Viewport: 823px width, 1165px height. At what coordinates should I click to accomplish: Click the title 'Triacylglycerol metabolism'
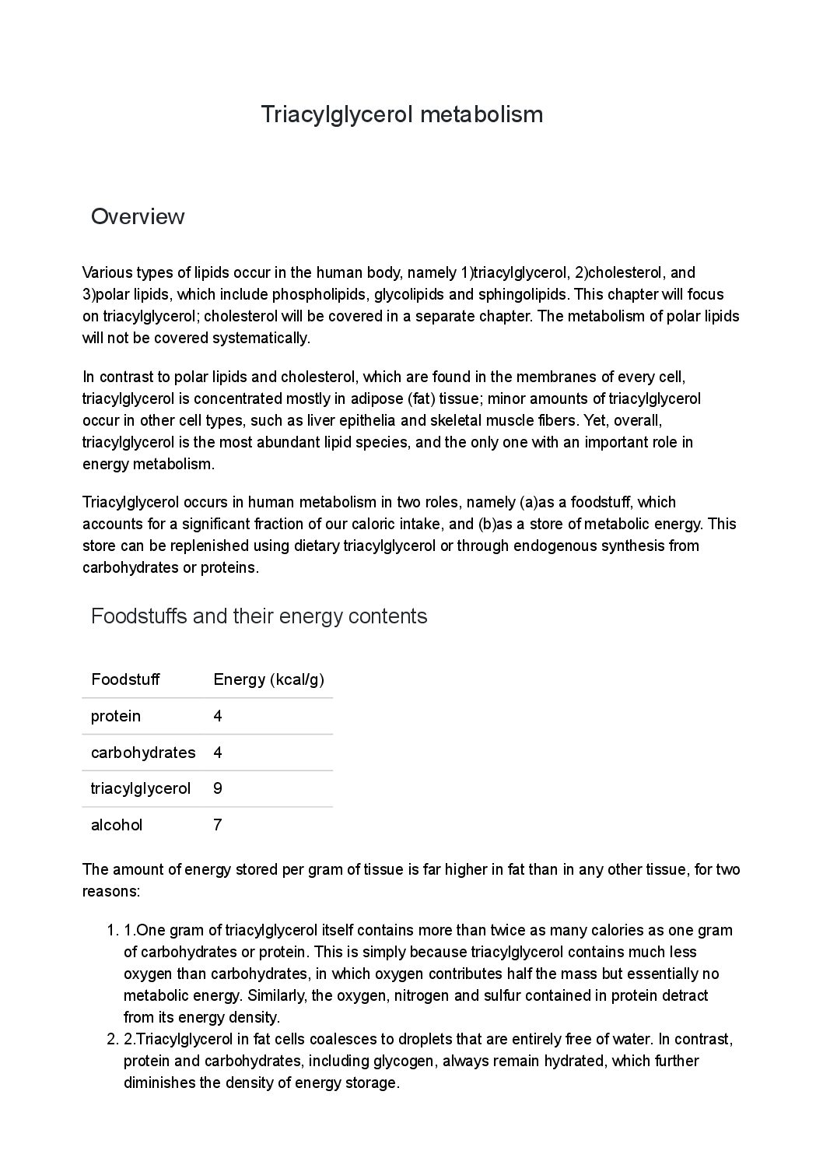(401, 114)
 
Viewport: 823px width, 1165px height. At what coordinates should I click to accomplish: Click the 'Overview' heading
(138, 216)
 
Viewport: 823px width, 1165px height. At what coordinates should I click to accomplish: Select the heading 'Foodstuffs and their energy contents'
(259, 616)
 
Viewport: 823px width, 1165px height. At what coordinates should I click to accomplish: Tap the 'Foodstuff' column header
(125, 679)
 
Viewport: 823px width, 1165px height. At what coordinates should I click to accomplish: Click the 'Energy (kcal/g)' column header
(268, 679)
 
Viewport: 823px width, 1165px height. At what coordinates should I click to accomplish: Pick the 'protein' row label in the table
(116, 716)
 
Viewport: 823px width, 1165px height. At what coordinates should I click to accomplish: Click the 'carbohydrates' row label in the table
(143, 753)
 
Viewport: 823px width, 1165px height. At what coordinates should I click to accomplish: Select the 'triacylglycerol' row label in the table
(141, 788)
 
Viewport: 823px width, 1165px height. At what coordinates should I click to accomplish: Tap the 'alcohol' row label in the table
(117, 825)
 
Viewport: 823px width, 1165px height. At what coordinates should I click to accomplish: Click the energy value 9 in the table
(218, 788)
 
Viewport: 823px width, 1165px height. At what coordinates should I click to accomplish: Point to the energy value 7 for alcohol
(218, 825)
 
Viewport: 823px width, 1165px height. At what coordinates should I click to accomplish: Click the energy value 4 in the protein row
(218, 716)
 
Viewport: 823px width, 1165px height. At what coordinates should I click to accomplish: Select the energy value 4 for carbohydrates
(218, 753)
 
